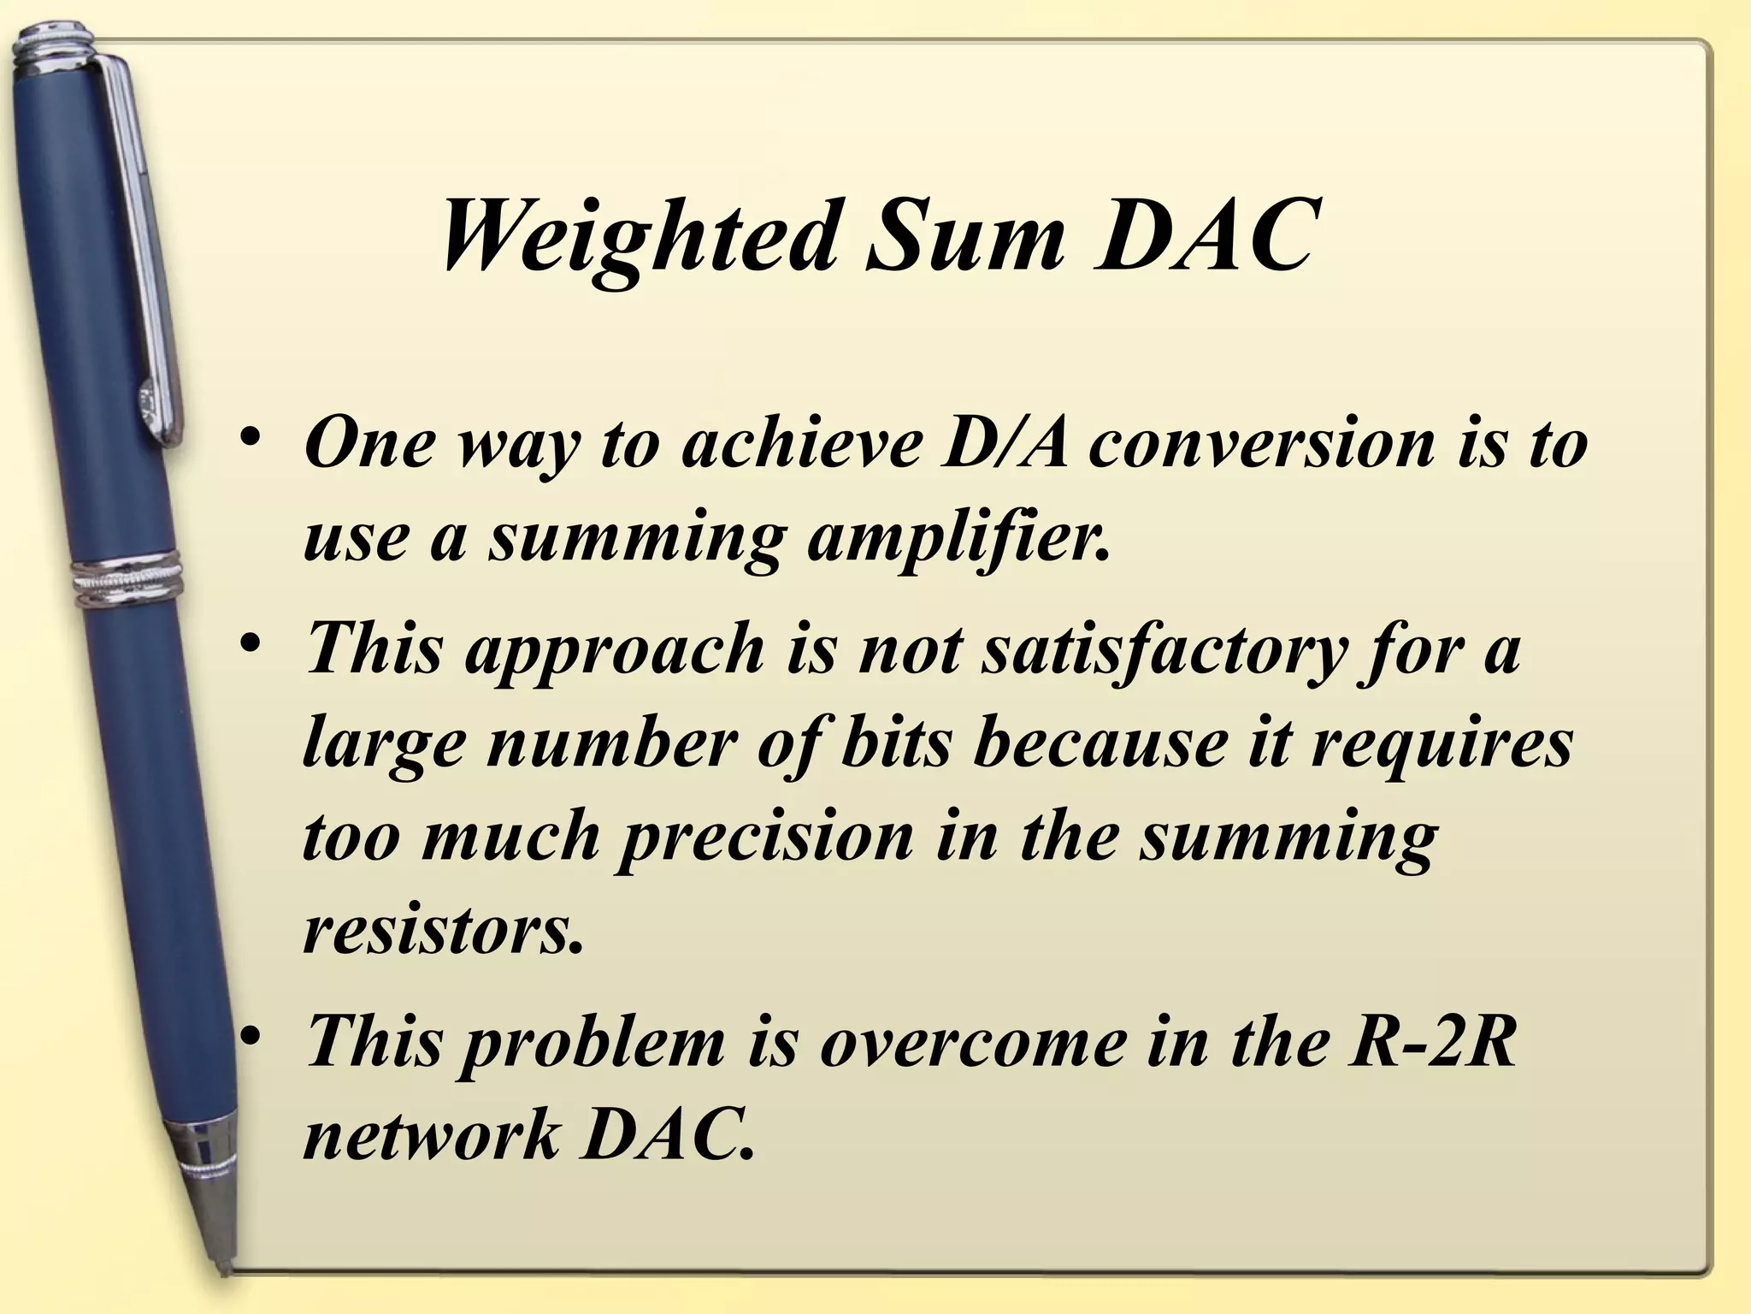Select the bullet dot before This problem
[250, 1038]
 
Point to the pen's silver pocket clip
[145, 257]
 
